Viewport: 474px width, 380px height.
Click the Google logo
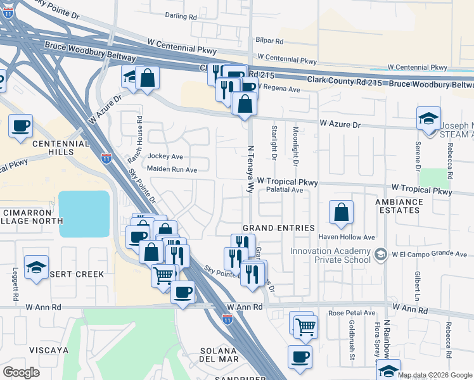(x=21, y=372)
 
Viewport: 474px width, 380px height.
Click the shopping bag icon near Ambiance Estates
(x=342, y=213)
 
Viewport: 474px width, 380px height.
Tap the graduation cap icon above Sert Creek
(x=37, y=267)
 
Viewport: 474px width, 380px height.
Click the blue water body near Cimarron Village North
(x=84, y=213)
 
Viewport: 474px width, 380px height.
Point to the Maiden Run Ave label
(x=172, y=170)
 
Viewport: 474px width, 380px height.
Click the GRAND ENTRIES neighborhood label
(x=279, y=228)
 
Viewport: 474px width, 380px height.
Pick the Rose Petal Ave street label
(x=352, y=313)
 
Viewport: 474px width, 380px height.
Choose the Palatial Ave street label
(x=285, y=189)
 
